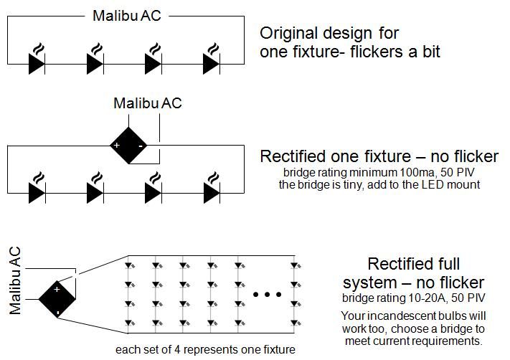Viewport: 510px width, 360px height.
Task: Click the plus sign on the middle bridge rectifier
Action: pos(116,146)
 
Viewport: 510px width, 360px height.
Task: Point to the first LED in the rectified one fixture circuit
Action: pos(37,191)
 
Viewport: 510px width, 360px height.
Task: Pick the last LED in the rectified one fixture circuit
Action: pos(212,191)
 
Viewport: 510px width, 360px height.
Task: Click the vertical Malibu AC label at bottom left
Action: pos(15,280)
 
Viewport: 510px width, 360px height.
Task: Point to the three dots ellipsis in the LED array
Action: pos(266,294)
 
